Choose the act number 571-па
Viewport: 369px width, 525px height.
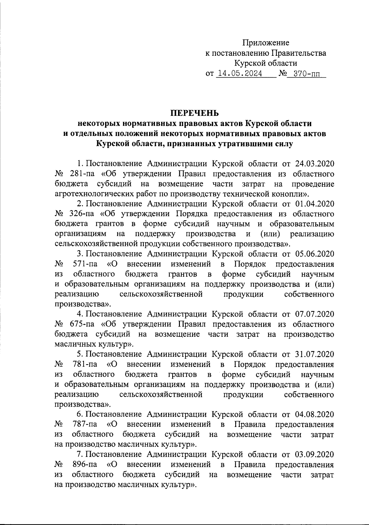[85, 264]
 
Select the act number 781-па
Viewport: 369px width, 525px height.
[85, 364]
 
